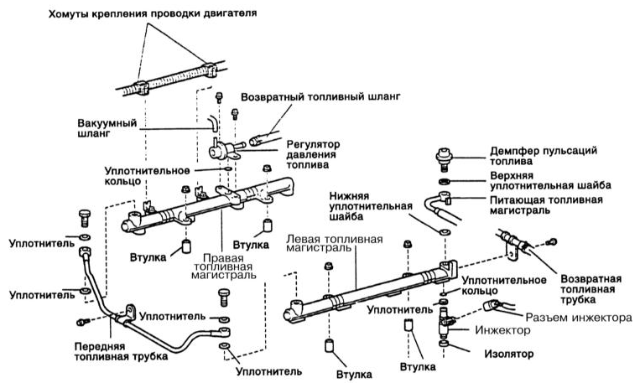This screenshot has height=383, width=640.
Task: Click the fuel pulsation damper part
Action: coord(444,159)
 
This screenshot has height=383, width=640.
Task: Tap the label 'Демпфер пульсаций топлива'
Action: coord(544,156)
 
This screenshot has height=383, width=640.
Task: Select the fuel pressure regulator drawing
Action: coord(226,149)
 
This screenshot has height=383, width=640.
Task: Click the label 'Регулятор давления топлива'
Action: coord(313,154)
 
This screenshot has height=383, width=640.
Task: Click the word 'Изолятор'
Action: coord(509,354)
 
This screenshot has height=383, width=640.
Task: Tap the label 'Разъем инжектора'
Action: coord(579,318)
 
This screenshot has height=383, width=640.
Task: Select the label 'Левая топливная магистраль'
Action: coord(335,243)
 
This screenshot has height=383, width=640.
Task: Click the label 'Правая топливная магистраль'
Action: coord(223,267)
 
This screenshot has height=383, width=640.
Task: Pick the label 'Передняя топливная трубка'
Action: coord(121,352)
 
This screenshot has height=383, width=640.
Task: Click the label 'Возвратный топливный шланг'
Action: coord(320,97)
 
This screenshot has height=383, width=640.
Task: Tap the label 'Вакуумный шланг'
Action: coord(107,128)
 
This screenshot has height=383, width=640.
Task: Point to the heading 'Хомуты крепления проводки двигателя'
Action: coord(153,14)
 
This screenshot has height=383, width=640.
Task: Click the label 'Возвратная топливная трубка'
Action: coord(591,289)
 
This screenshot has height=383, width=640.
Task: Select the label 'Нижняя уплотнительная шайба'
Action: coord(371,206)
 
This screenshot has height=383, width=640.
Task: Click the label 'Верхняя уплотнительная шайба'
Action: coord(550,181)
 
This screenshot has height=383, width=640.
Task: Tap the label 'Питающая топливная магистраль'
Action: coord(546,205)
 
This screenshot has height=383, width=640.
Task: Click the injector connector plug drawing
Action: coord(491,305)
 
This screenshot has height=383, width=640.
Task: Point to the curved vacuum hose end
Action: coord(213,122)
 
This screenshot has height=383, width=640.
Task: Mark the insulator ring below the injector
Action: coord(444,344)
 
